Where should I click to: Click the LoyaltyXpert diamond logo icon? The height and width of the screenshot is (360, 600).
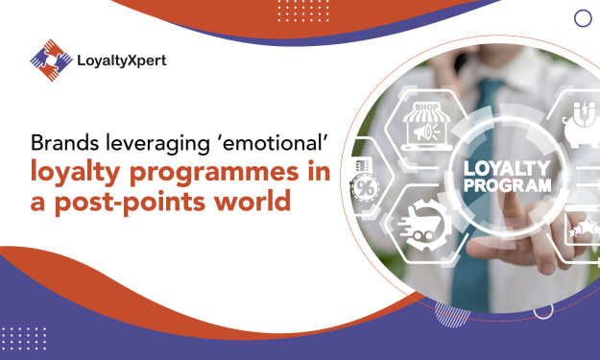51,60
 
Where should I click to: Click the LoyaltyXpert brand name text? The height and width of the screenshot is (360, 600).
122,60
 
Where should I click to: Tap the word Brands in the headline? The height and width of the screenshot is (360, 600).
64,143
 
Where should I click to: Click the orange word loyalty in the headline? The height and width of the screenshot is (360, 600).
76,172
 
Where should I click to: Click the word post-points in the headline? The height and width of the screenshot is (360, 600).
131,202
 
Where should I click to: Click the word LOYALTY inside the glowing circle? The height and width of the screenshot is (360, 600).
507,169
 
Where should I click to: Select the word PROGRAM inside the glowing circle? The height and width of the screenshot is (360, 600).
508,185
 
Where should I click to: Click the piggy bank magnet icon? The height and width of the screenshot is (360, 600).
582,125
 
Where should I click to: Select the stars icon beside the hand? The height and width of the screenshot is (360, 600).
585,227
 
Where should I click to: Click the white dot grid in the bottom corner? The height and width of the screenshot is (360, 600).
24,339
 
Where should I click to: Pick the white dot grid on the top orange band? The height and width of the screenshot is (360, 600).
303,11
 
